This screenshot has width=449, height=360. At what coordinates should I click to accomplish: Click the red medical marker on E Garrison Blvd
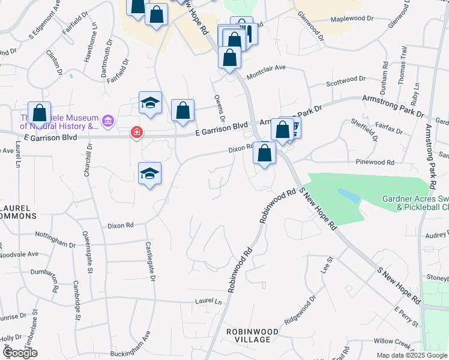click(x=137, y=132)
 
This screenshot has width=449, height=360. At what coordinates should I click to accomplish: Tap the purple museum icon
click(x=108, y=122)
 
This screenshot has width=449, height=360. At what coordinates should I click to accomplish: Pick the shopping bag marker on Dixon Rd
click(x=264, y=152)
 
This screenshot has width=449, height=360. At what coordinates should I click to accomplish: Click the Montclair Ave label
click(x=266, y=68)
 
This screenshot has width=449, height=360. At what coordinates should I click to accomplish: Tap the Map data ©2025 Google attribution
click(x=412, y=355)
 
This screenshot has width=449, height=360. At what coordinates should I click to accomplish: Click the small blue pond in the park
click(x=348, y=196)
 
